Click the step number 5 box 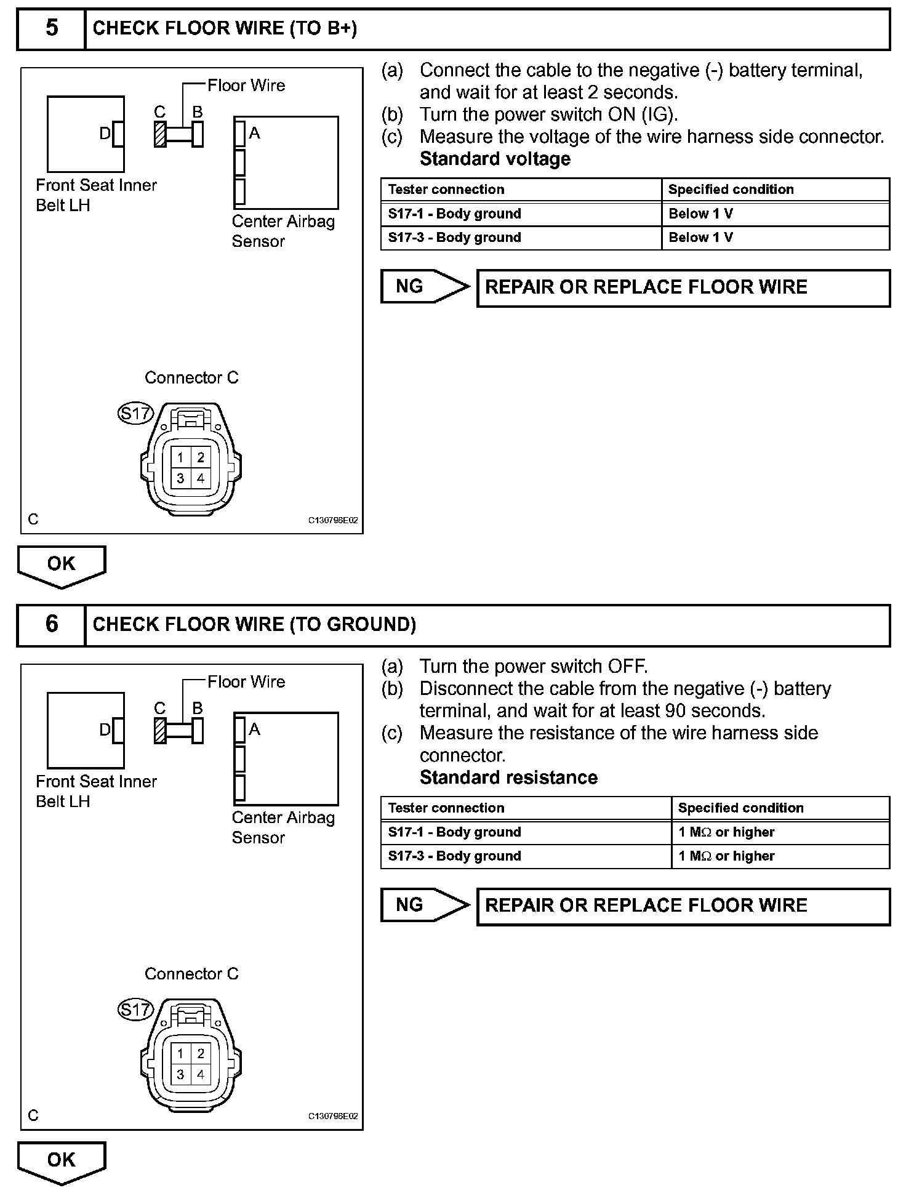tap(52, 28)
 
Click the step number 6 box tap(52, 624)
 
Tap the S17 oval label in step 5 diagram tap(135, 413)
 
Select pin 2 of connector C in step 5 tap(201, 457)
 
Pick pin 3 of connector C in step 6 tap(180, 1075)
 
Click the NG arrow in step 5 tap(425, 286)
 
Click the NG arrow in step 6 tap(425, 905)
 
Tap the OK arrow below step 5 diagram tap(62, 565)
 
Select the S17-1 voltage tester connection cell tap(521, 214)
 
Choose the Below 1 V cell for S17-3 tap(775, 238)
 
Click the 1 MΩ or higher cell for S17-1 tap(780, 832)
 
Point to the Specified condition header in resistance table tap(780, 808)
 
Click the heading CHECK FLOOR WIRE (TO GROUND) tap(254, 624)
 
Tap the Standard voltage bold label tap(495, 159)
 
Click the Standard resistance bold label tap(508, 777)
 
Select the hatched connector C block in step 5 tap(160, 134)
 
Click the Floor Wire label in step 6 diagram tap(246, 681)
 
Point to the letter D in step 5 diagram tap(105, 133)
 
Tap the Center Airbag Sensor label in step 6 tap(283, 827)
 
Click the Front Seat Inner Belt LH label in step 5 tap(96, 195)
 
